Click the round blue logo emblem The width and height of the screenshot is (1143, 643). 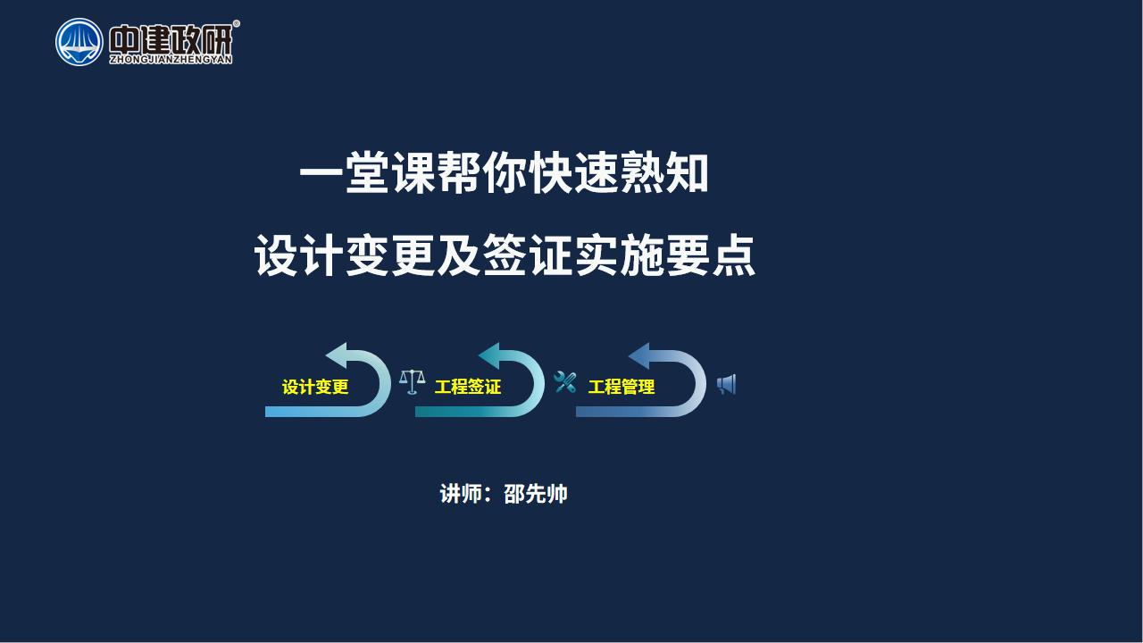tap(79, 42)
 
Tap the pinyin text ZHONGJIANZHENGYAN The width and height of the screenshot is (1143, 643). tap(171, 60)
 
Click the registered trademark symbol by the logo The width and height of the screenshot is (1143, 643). tap(236, 23)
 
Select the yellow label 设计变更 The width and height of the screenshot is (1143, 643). tap(315, 387)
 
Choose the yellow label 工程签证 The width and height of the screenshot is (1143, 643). tap(467, 387)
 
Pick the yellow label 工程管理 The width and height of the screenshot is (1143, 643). tap(621, 387)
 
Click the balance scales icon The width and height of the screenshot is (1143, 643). tap(413, 381)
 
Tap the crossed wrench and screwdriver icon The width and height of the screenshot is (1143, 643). tap(565, 382)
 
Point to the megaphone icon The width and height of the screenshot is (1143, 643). tap(726, 385)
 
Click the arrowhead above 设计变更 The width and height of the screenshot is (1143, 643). tap(337, 355)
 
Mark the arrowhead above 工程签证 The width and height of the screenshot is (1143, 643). tap(490, 355)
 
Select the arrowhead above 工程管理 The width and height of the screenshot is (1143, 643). tap(640, 355)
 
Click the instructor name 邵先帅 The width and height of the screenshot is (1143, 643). tap(535, 494)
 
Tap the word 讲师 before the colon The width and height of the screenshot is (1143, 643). tap(461, 494)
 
